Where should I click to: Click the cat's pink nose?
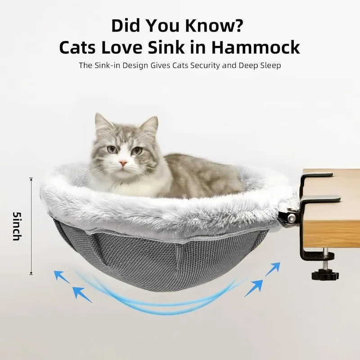pos(123,163)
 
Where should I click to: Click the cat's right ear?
pos(150,125)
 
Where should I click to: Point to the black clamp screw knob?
pos(325,274)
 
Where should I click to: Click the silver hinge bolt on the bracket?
pos(292,218)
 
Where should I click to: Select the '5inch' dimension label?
pos(17,226)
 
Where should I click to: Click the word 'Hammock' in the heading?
pos(256,47)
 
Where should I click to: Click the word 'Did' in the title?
pos(126,26)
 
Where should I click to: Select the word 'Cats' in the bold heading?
pos(77,47)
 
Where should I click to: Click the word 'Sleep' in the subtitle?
pos(270,65)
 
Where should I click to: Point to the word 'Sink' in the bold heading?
pos(166,47)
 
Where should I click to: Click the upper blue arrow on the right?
pos(273,269)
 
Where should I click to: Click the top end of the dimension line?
pos(31,178)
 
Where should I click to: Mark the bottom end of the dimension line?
pos(31,274)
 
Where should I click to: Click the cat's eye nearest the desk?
pos(137,151)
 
